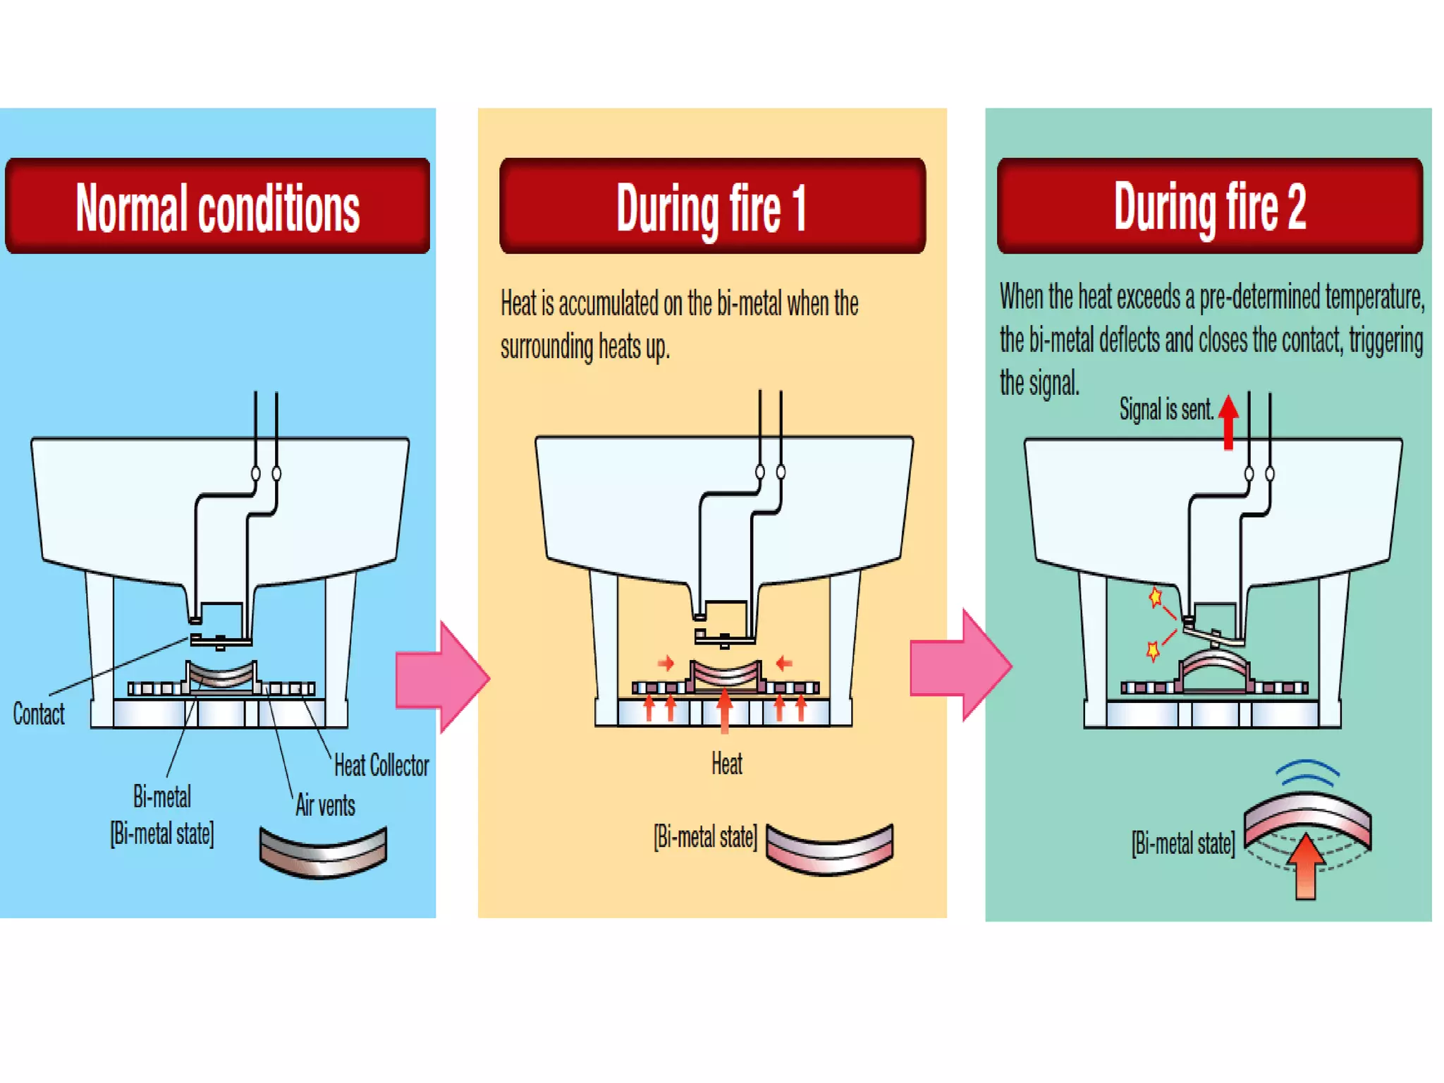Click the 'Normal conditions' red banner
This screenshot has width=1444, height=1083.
coord(217,206)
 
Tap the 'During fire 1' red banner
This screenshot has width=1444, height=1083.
coord(712,206)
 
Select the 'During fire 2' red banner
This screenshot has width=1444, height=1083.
coord(1210,206)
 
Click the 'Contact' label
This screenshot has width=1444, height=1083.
coord(39,714)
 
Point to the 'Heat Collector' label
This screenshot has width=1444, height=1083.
coord(381,765)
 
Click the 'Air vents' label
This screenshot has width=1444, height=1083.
coord(325,804)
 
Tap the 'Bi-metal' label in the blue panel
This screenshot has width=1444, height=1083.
coord(162,797)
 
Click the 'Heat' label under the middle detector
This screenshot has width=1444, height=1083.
coord(726,764)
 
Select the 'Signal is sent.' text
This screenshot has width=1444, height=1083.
coord(1166,409)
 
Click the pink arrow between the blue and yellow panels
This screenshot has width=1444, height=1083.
coord(442,677)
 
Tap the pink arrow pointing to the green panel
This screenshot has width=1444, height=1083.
coord(961,665)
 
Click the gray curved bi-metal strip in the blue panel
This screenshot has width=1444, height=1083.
coord(323,852)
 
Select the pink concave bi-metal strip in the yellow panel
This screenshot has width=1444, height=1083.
coord(829,848)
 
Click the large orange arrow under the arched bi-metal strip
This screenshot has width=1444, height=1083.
coord(1306,867)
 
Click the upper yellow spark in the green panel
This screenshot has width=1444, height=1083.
coord(1155,598)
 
